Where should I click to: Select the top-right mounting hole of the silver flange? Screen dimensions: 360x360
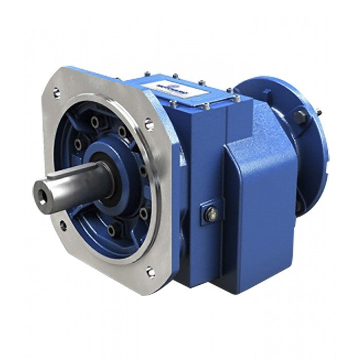pyautogui.click(x=149, y=123)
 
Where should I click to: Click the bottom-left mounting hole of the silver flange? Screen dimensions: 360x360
pyautogui.click(x=63, y=224)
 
